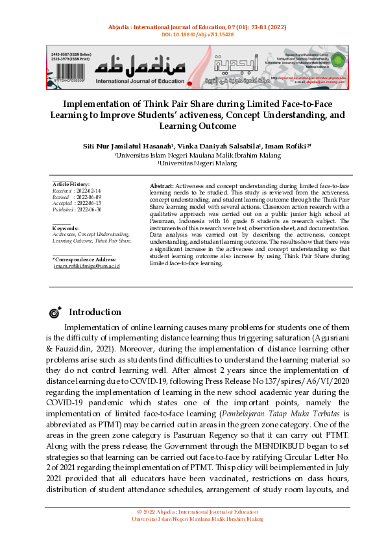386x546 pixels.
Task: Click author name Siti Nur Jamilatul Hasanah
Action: [x=122, y=147]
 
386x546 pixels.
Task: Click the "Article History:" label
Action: [x=71, y=185]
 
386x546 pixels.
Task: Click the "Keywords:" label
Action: [x=65, y=228]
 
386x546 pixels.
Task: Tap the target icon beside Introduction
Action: [x=54, y=313]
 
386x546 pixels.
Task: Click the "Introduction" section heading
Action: [x=95, y=313]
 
